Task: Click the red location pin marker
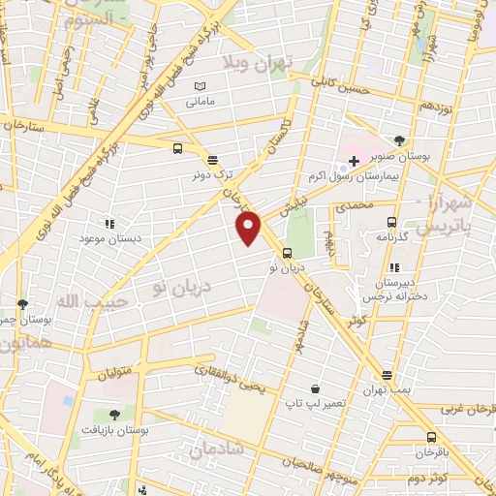click(x=249, y=227)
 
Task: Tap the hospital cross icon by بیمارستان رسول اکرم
click(x=354, y=158)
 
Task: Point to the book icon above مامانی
click(x=200, y=86)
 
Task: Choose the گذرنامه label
click(x=396, y=236)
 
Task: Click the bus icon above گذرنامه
click(x=392, y=221)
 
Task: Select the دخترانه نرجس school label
click(x=394, y=283)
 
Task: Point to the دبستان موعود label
click(x=108, y=238)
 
